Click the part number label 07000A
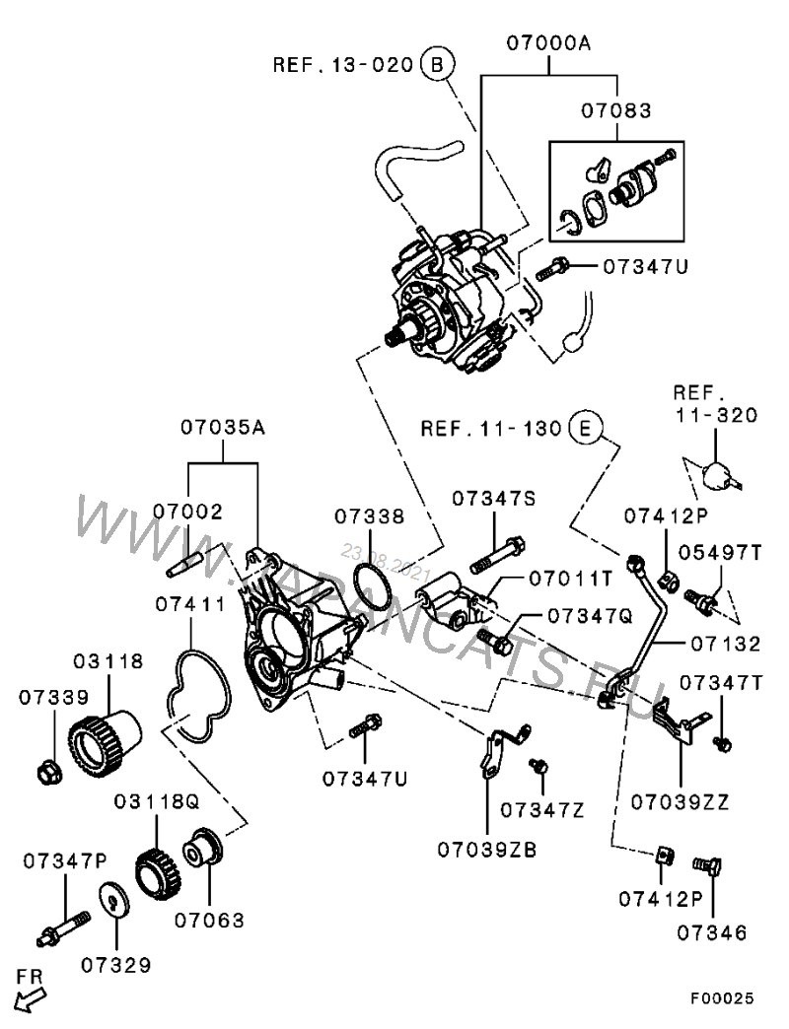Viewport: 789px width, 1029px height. [549, 43]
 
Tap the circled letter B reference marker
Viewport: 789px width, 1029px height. [437, 64]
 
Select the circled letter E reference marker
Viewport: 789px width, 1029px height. [585, 429]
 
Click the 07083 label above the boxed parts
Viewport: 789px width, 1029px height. [614, 111]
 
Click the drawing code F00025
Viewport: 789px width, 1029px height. [721, 999]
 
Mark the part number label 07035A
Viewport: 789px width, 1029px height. [224, 429]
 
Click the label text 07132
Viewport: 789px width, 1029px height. [726, 644]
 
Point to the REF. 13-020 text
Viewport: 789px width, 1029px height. [342, 65]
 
